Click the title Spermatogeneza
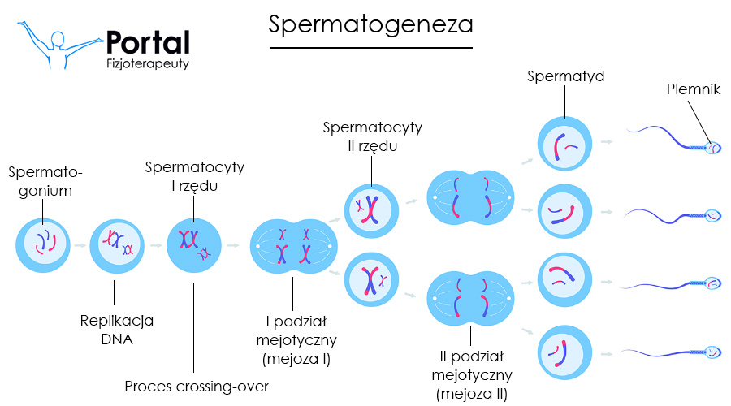click(x=370, y=24)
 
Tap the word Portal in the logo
click(x=148, y=43)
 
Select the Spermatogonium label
click(x=45, y=182)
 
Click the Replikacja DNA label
click(x=117, y=329)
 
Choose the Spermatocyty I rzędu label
click(x=194, y=176)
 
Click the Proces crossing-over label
click(x=196, y=386)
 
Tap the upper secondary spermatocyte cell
click(x=371, y=209)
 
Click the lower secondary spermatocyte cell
click(x=371, y=280)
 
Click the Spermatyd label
click(x=565, y=77)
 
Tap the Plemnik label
click(x=693, y=89)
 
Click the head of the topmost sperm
click(x=712, y=148)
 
